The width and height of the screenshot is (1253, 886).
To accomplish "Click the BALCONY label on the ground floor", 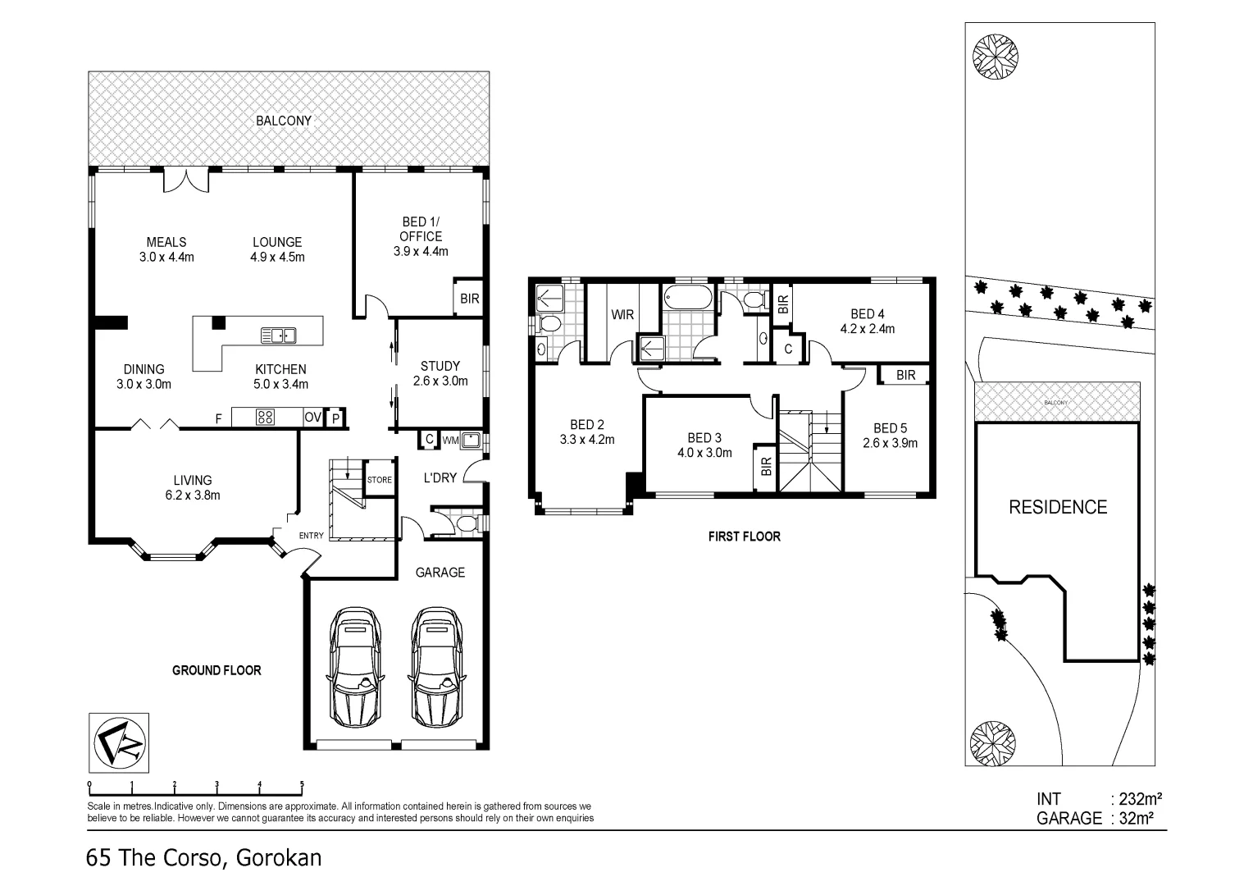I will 284,121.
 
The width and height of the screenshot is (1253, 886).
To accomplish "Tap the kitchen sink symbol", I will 278,335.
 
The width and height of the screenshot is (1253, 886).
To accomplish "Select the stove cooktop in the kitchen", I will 265,417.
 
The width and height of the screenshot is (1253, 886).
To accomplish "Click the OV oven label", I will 312,418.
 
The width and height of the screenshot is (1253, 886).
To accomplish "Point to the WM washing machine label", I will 449,441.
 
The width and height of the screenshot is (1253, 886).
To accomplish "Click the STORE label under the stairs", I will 379,480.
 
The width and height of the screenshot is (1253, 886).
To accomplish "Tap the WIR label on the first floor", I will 622,314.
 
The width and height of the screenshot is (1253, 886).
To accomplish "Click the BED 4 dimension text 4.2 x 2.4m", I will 867,329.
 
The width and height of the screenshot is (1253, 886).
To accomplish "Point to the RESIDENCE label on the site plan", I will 1058,507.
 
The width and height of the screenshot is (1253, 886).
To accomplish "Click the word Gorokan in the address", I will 279,859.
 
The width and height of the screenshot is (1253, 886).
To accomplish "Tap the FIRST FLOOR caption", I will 744,537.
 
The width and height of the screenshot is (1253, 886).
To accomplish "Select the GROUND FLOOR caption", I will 216,670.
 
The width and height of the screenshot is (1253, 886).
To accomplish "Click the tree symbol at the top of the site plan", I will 996,55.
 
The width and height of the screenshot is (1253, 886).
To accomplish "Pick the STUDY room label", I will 440,366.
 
